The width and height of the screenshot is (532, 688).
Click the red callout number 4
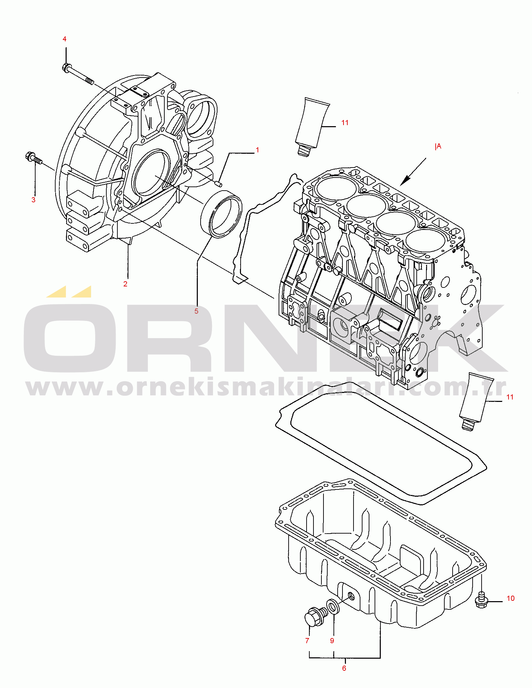coord(65,39)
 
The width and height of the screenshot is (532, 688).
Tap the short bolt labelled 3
coord(33,159)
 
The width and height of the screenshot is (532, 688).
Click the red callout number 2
coord(125,284)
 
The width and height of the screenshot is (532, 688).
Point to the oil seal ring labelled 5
coord(221,214)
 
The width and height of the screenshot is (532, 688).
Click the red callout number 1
coord(257,150)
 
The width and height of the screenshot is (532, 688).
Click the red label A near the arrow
coord(438,146)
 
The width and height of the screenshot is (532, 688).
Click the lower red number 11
coord(510,397)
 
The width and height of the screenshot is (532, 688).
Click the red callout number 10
coord(511,598)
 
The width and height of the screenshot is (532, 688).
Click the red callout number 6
coord(344,668)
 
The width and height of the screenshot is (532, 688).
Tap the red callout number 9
coord(332,640)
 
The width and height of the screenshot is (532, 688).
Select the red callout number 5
coord(196,311)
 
